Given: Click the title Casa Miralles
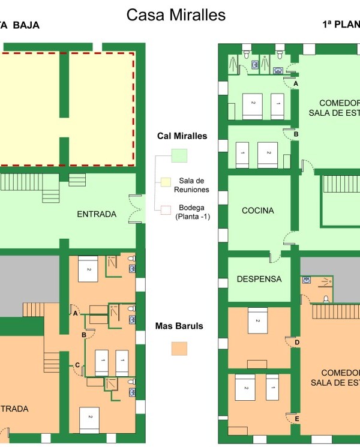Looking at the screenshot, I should [176, 16].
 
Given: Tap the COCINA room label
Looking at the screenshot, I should [257, 211].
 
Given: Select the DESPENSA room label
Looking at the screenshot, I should [259, 279].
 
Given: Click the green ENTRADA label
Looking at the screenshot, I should [97, 214].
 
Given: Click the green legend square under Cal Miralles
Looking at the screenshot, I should [179, 155].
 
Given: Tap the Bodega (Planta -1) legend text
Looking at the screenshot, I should [190, 212].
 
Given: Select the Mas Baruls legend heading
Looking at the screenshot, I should [179, 326].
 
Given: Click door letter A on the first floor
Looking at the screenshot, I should [296, 84].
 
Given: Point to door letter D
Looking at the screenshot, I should [297, 343].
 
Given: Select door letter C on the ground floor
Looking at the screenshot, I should [77, 365].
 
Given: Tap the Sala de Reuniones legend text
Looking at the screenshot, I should [192, 185].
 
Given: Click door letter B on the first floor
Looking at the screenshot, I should [296, 134].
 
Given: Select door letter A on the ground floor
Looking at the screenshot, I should [75, 313].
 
